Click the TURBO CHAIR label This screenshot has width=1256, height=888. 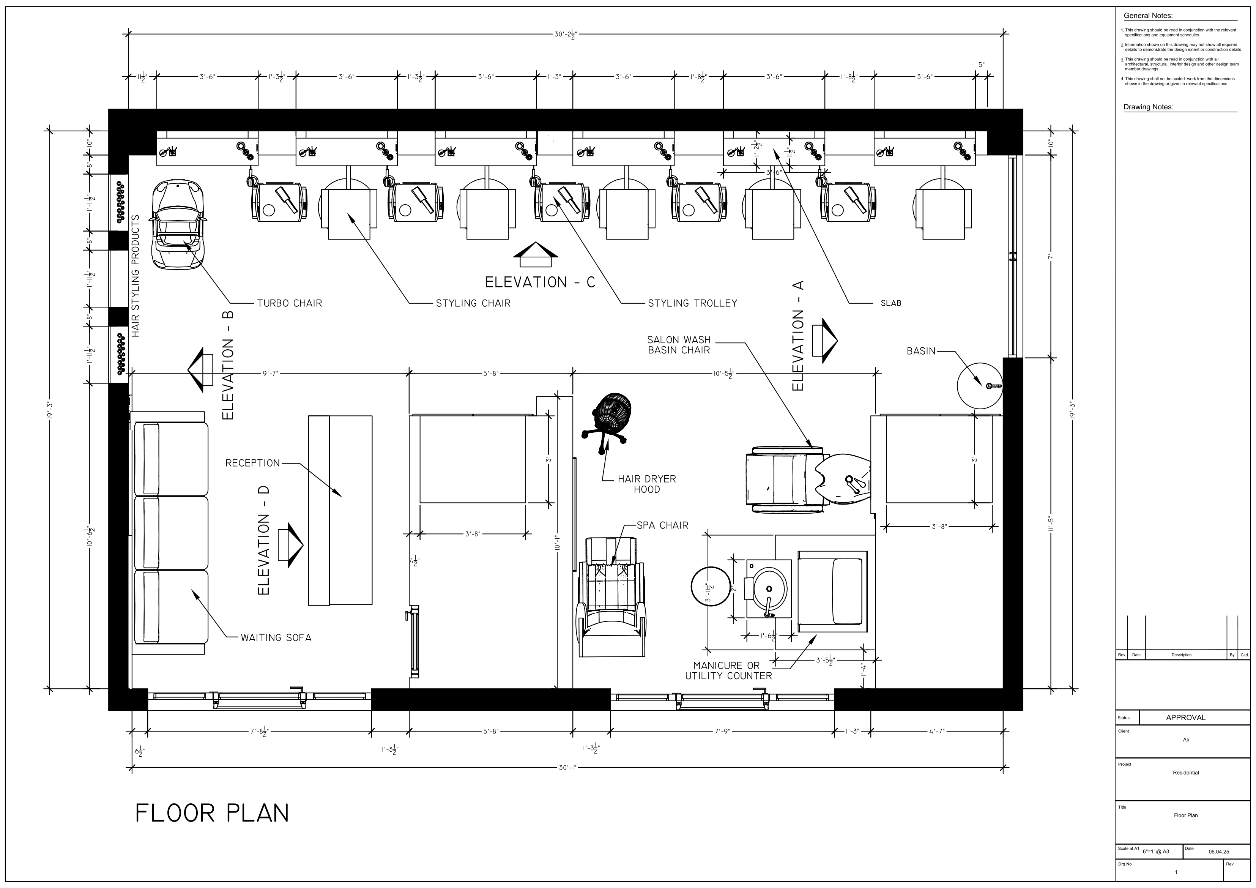pyautogui.click(x=289, y=303)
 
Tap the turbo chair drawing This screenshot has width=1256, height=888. pyautogui.click(x=178, y=225)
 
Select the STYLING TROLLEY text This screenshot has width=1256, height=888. pyautogui.click(x=693, y=303)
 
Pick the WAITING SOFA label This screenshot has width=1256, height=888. pyautogui.click(x=276, y=637)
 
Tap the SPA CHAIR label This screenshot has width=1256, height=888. pyautogui.click(x=662, y=525)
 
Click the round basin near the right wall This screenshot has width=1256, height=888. pyautogui.click(x=980, y=386)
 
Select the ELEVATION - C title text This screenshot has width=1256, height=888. pyautogui.click(x=540, y=282)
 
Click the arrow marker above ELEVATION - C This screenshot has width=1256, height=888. pyautogui.click(x=536, y=251)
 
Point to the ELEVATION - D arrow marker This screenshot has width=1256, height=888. pyautogui.click(x=290, y=544)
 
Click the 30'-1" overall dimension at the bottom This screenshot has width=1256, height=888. pyautogui.click(x=567, y=768)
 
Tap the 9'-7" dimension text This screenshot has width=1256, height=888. pyautogui.click(x=270, y=374)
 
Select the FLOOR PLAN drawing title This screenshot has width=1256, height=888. pyautogui.click(x=212, y=814)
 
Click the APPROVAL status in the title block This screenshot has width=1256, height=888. pyautogui.click(x=1185, y=717)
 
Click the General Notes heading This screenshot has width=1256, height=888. pyautogui.click(x=1148, y=16)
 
